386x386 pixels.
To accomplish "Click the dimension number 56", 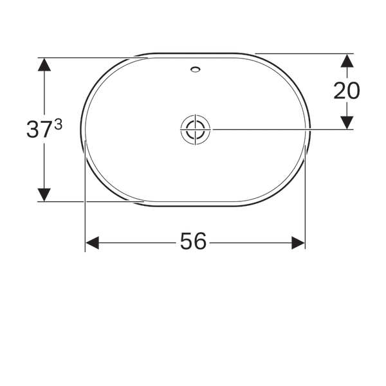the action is pos(193,241).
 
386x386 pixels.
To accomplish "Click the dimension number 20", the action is pos(347,91).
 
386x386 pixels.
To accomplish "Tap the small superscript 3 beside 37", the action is pos(59,125).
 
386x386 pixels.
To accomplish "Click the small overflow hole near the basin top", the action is pos(196,69).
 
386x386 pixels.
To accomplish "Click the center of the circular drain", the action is pos(196,129).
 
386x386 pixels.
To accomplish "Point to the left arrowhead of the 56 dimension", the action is pos(92,243).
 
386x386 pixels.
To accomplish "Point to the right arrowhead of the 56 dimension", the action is pos(298,243).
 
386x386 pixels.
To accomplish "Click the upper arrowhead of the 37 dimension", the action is pos(44,64).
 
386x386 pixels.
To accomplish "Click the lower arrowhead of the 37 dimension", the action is pos(44,195).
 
